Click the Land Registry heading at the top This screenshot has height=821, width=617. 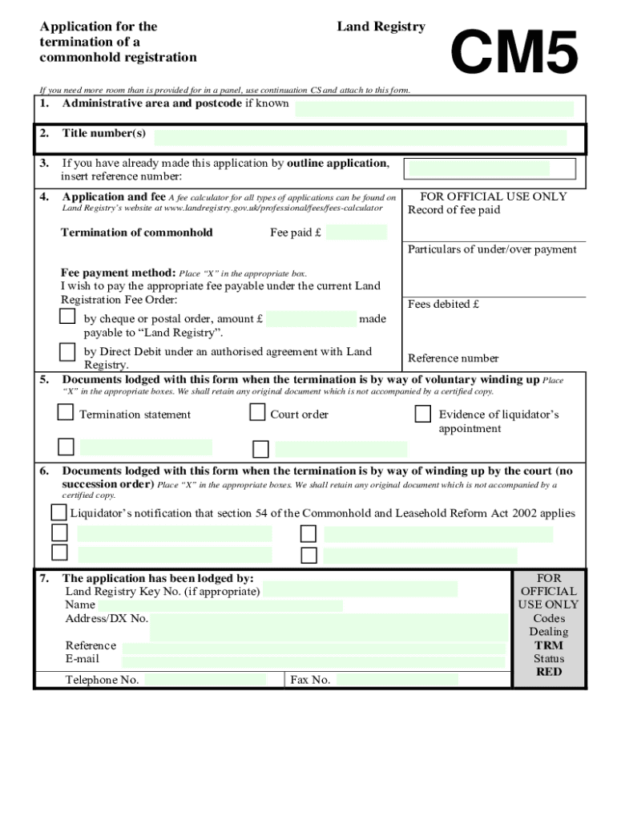click(x=381, y=26)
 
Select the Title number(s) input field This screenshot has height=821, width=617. click(x=361, y=137)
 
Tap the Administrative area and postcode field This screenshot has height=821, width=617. click(x=434, y=109)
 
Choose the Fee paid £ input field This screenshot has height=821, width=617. click(x=356, y=233)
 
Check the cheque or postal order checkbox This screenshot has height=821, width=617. click(x=67, y=317)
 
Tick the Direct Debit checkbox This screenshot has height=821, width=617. click(x=67, y=351)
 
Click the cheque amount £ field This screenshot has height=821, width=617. click(x=311, y=319)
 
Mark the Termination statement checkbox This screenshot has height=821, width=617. click(x=65, y=413)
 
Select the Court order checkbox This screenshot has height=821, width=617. click(x=257, y=413)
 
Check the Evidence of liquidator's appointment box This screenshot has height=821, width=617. click(x=423, y=414)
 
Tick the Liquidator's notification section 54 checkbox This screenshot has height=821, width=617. click(x=58, y=512)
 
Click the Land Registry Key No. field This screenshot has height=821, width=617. click(x=360, y=590)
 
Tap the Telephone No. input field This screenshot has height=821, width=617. click(x=205, y=680)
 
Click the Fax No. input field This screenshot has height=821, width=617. click(x=397, y=680)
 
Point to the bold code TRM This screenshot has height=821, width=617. click(x=549, y=645)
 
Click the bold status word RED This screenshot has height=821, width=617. click(x=549, y=672)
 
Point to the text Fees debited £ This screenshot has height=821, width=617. click(x=443, y=304)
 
